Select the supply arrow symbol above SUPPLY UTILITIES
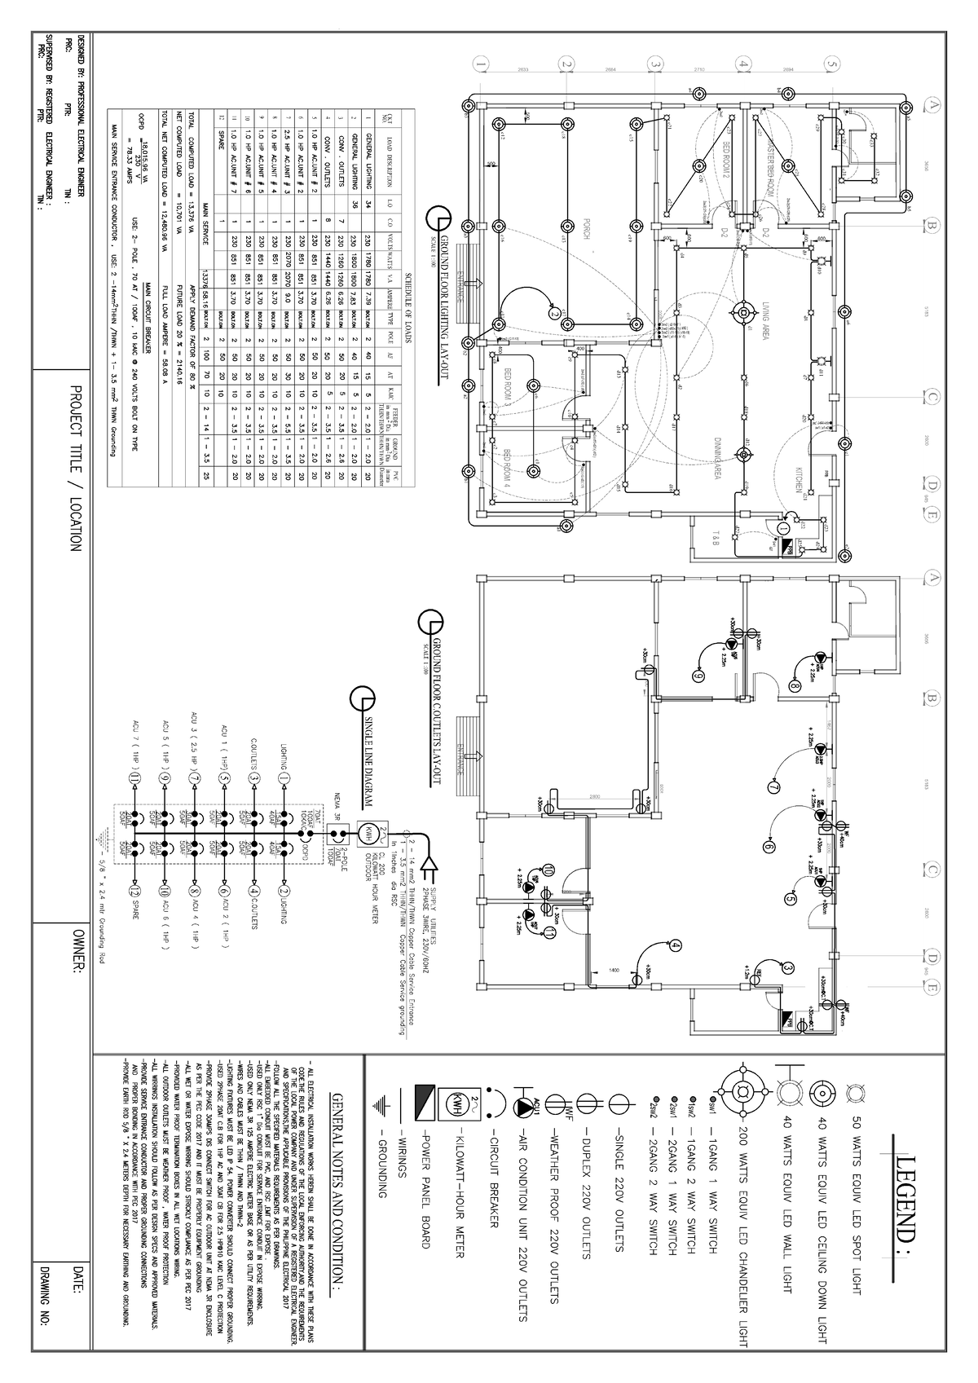[x=433, y=865]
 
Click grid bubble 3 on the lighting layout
[x=653, y=63]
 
